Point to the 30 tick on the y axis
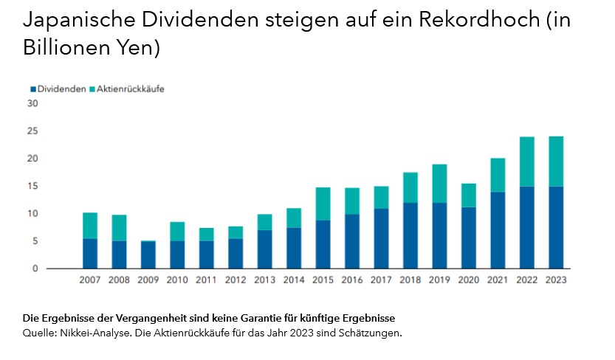32,103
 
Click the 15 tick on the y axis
32,186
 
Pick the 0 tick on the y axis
34,269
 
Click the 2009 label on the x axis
148,280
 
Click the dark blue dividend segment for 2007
90,253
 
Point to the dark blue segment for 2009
148,255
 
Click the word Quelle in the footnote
39,333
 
